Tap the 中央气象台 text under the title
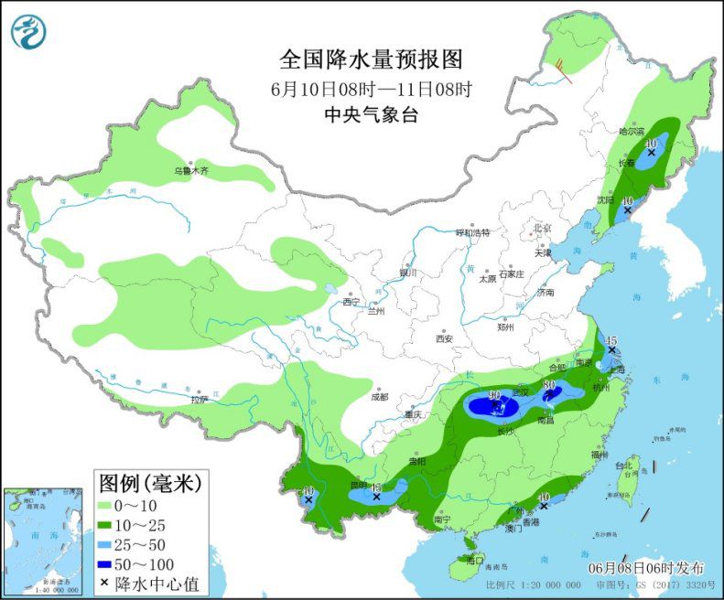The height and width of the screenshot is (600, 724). [371, 115]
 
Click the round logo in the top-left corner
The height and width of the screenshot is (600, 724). [28, 32]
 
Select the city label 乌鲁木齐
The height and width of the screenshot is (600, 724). [191, 171]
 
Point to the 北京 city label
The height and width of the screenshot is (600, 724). [543, 229]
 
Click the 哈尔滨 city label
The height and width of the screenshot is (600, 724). [632, 132]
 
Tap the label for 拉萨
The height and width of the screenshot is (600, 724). [200, 400]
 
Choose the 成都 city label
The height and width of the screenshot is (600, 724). [379, 397]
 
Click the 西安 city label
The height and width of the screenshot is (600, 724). [444, 338]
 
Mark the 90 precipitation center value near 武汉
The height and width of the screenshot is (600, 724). [495, 395]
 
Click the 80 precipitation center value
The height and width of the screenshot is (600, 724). [550, 386]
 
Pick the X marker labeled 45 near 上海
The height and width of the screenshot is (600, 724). [611, 351]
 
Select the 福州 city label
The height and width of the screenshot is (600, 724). [600, 454]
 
